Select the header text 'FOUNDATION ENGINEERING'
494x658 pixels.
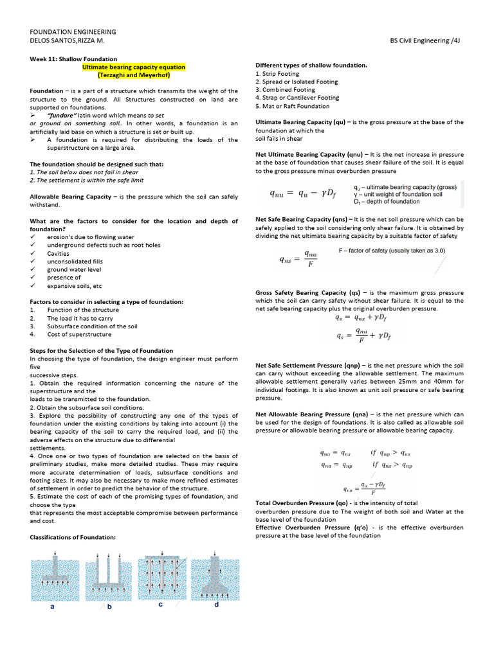pyautogui.click(x=73, y=31)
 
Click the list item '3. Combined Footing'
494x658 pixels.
pyautogui.click(x=285, y=90)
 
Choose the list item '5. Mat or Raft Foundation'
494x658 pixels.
pyautogui.click(x=292, y=106)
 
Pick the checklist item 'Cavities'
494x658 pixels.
pyautogui.click(x=58, y=253)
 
